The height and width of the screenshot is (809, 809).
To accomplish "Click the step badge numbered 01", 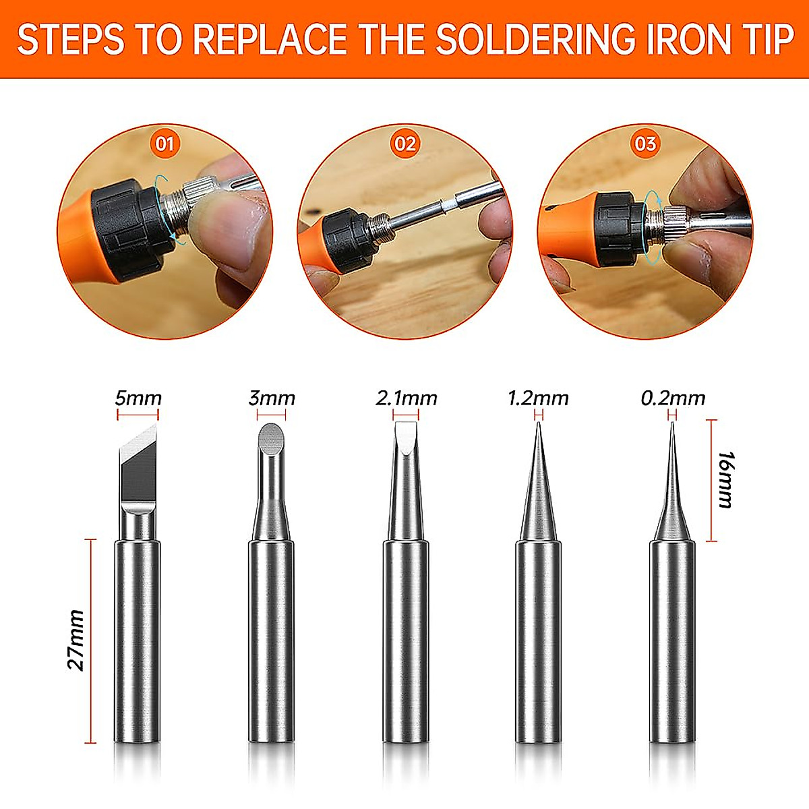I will (164, 144).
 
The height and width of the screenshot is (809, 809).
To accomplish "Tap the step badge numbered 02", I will (405, 144).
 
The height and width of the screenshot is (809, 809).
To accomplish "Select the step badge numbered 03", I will (645, 144).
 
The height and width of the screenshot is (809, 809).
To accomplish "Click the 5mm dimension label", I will (138, 398).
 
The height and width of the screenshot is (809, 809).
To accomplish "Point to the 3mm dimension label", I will (272, 398).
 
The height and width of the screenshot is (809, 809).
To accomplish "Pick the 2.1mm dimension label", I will (407, 398).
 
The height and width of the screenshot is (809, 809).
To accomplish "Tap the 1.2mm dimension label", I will (538, 398).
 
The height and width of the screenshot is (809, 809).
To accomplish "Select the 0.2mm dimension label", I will (673, 398).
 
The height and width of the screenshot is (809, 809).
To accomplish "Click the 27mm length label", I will (76, 640).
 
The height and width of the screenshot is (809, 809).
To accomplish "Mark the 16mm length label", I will (727, 479).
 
